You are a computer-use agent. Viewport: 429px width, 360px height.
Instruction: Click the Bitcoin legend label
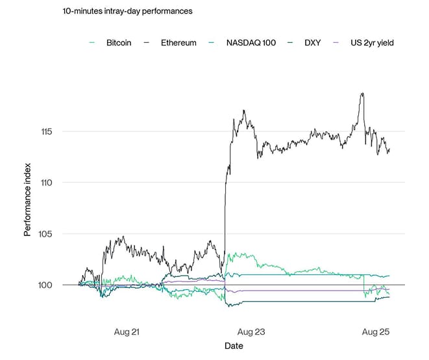119,43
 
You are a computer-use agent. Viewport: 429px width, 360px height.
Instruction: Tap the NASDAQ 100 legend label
251,43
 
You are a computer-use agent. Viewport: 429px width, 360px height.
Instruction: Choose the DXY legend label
312,43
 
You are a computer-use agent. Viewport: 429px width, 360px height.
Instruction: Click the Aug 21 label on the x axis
127,332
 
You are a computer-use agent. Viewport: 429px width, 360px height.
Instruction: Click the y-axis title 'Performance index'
28,209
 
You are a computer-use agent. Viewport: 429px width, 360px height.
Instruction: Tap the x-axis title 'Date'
234,346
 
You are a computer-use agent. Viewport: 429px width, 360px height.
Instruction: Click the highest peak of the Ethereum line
362,93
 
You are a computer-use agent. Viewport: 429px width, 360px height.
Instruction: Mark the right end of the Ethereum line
389,149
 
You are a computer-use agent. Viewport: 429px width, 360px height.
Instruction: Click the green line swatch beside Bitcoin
92,43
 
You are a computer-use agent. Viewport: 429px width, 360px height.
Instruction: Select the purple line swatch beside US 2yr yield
336,43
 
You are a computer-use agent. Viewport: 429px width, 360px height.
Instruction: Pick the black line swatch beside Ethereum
147,43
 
